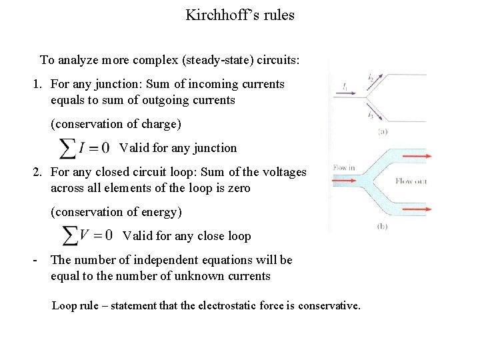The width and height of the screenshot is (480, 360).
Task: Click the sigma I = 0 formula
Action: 85,148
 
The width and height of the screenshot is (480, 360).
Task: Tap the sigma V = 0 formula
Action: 87,235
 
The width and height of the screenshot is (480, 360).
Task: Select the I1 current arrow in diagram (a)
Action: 353,94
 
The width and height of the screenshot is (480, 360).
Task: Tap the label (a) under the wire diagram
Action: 383,132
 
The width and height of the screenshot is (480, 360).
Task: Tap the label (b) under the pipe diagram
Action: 382,226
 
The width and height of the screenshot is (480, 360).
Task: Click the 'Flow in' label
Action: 344,168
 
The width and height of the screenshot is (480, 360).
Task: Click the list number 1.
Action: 37,85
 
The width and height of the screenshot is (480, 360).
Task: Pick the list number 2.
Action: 37,173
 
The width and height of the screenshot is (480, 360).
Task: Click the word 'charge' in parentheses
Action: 161,124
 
